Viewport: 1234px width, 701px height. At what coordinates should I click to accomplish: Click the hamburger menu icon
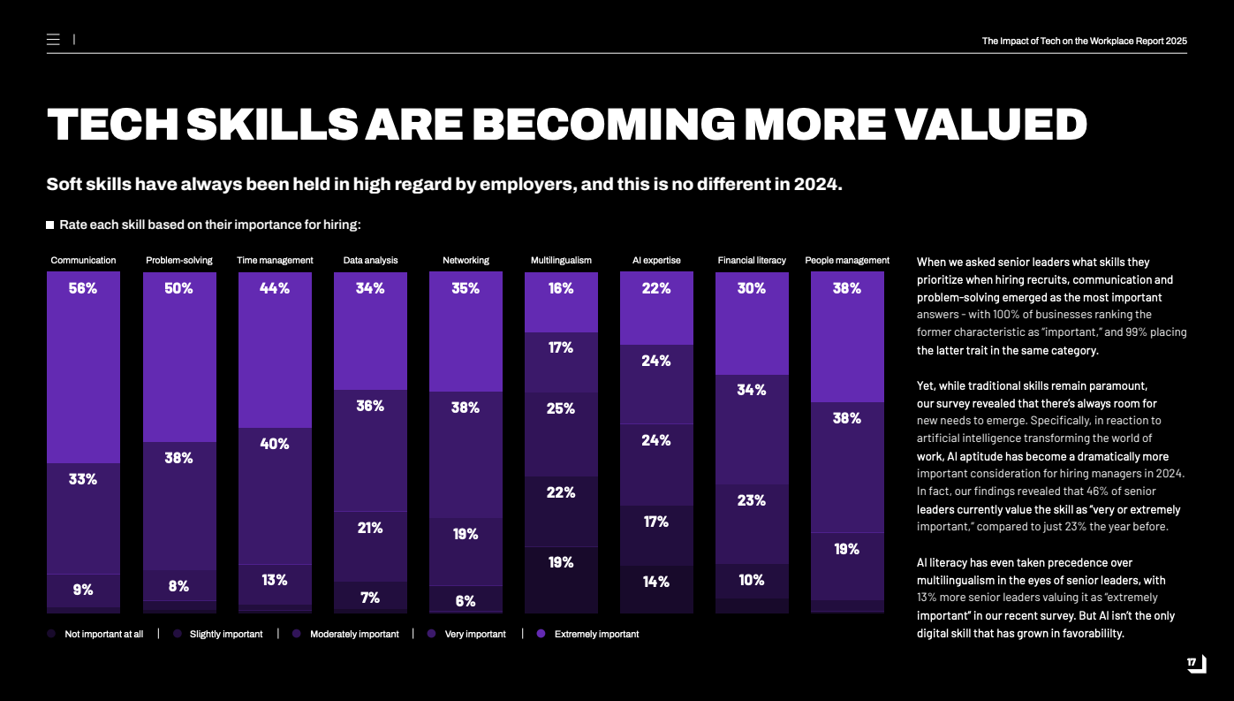[53, 40]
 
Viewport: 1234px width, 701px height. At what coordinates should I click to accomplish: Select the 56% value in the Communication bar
[83, 288]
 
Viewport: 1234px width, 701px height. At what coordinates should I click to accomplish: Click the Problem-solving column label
[179, 261]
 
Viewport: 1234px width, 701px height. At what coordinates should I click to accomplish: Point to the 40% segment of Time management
[275, 444]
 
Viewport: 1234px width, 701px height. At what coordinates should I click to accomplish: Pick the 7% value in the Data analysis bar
[370, 598]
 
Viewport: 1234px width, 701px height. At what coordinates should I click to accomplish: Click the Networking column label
[466, 261]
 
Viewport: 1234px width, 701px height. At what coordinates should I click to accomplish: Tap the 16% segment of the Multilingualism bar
[561, 288]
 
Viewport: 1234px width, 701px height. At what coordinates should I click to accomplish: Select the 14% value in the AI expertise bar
[656, 582]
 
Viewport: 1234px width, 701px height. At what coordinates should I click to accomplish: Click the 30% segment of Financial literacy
[752, 288]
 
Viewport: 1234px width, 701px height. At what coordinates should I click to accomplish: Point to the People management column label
[847, 261]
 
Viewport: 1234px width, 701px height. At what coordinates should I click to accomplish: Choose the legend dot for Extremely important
[541, 634]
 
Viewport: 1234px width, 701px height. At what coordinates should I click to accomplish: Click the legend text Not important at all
[103, 634]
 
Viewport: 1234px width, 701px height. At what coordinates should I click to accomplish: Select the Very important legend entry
[475, 634]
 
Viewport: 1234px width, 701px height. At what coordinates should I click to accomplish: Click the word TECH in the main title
[110, 125]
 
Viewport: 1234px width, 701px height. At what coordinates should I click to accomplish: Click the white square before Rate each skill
[50, 225]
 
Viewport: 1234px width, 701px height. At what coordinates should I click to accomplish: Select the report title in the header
[1084, 41]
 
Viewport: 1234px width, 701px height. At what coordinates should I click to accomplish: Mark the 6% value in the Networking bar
[466, 601]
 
